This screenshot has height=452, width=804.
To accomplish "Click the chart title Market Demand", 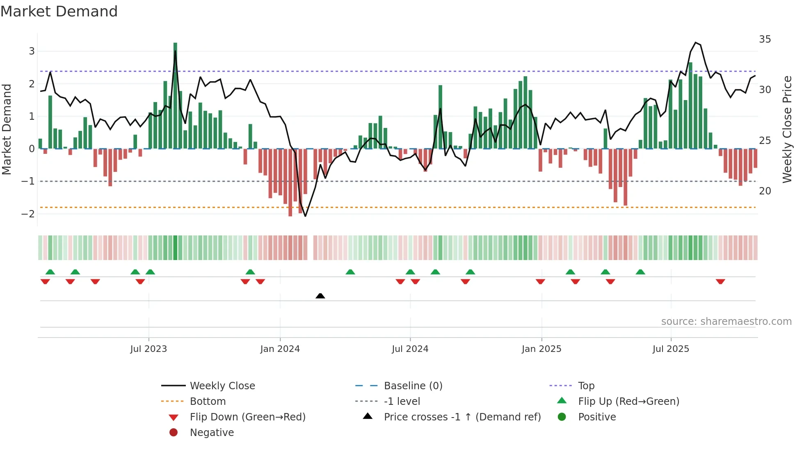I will coord(59,11).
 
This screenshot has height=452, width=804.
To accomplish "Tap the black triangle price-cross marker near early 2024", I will coord(320,296).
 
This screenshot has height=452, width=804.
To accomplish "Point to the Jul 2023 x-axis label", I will coord(148,349).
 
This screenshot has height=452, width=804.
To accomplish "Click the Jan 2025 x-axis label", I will coord(541,349).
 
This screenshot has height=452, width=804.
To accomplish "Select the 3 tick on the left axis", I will coord(32,51).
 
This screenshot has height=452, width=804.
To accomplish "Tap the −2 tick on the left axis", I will coord(28,214).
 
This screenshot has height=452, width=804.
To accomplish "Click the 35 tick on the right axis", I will coord(765,39).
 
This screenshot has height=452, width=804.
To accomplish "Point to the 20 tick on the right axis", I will coord(765,191).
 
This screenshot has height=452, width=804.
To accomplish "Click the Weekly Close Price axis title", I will coord(787,129).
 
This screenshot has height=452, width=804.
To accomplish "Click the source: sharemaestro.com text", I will coord(726,322).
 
